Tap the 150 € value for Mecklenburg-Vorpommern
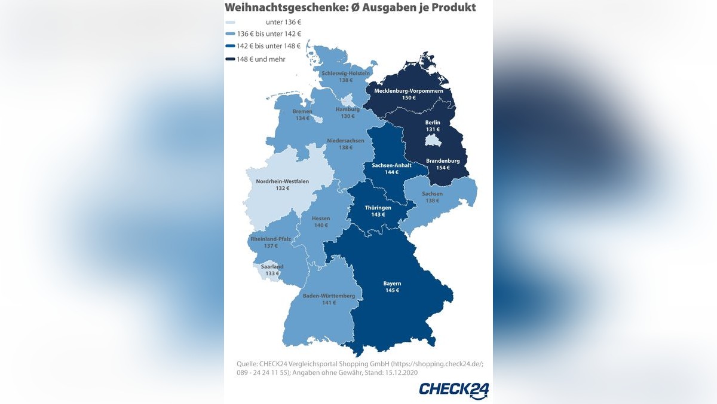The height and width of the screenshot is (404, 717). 409,98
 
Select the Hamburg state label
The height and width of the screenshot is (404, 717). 347,110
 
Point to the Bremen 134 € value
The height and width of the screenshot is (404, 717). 302,119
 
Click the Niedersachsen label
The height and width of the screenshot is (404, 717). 345,141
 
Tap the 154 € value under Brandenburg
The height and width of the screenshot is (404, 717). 443,168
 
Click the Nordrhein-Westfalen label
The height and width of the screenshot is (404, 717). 283,181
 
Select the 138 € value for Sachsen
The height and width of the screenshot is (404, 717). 432,201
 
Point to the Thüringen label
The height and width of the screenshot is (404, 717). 378,208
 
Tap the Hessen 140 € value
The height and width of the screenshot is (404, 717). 321,226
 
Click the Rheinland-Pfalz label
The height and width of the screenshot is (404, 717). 271,239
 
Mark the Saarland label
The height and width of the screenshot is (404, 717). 272,266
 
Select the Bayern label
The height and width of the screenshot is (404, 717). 392,283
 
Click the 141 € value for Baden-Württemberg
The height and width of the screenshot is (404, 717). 329,303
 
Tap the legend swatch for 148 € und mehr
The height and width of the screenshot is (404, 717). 229,59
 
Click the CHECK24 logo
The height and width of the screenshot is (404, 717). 454,390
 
